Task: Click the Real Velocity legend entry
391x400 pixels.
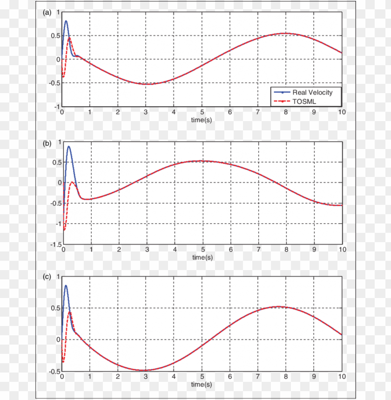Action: click(312, 92)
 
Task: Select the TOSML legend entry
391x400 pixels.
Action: click(305, 101)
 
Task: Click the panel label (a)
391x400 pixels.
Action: click(47, 13)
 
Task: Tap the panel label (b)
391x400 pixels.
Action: click(47, 143)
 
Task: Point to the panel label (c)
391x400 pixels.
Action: click(47, 276)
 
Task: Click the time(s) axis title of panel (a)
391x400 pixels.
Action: click(202, 120)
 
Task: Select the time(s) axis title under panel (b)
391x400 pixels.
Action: click(202, 257)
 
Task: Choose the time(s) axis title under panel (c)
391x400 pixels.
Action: click(202, 385)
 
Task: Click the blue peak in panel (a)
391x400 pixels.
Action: click(66, 21)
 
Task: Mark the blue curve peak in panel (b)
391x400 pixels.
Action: click(69, 147)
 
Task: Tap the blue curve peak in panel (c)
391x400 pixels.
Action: click(66, 285)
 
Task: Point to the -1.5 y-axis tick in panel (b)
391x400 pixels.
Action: click(55, 244)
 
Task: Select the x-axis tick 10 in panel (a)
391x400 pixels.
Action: click(342, 112)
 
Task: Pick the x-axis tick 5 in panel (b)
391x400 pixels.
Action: click(203, 250)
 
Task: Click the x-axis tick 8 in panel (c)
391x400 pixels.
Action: click(286, 377)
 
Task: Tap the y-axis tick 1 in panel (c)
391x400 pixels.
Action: click(58, 276)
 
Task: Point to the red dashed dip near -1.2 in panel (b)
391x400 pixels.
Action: click(65, 230)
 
